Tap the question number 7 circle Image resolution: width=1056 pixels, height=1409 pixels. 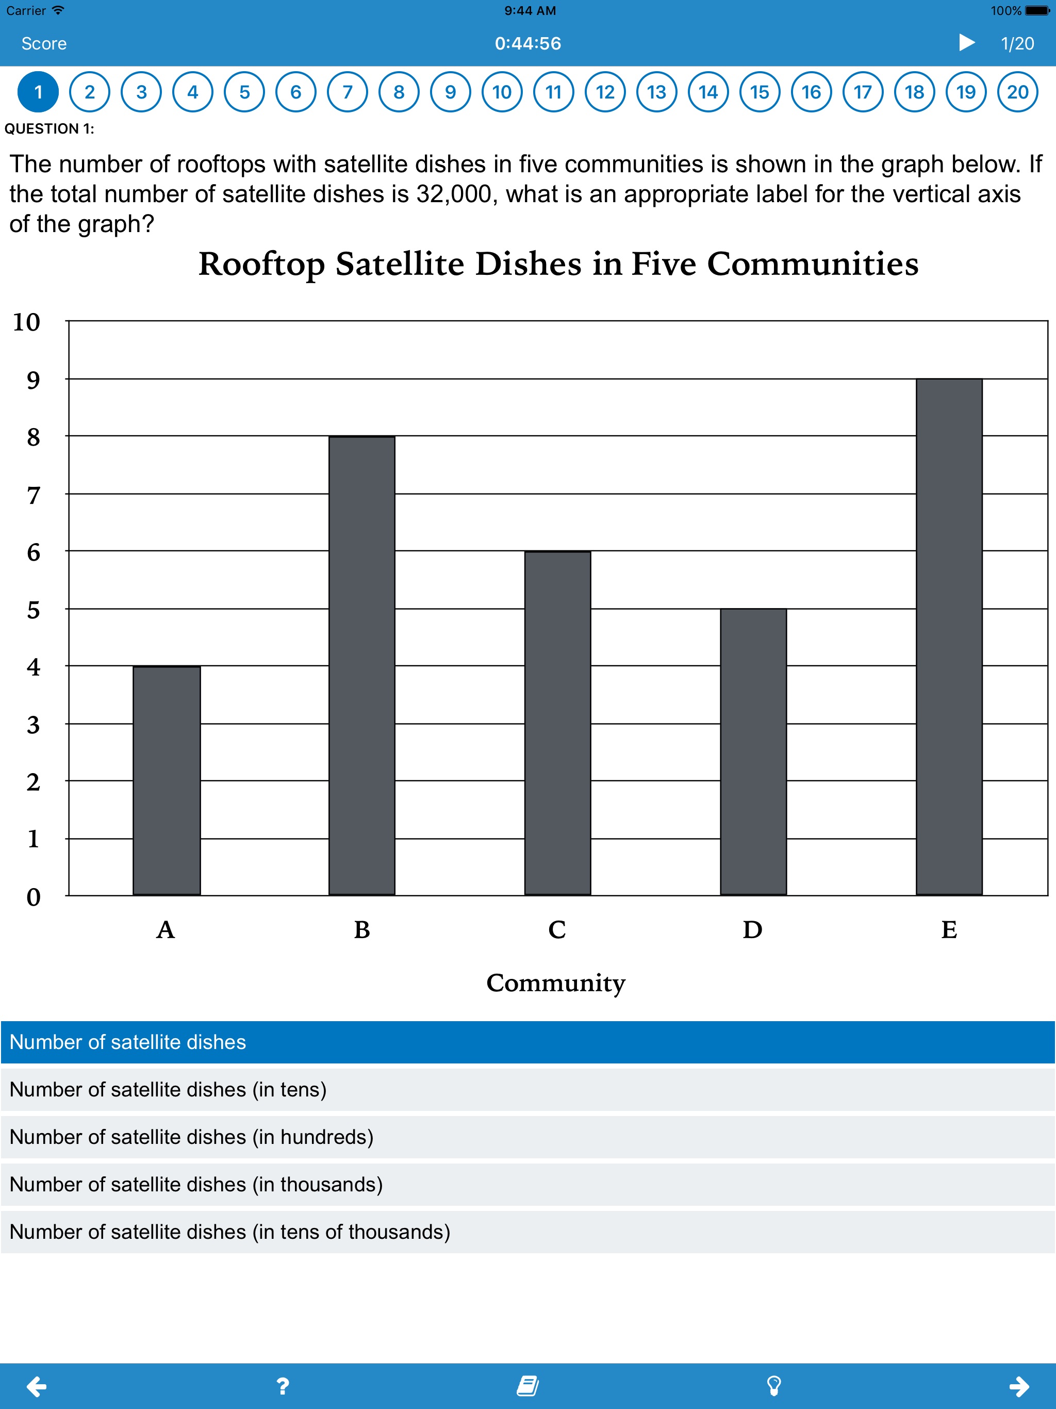[347, 92]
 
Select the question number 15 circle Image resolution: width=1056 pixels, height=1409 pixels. [759, 92]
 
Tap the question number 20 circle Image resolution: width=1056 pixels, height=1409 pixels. [1017, 92]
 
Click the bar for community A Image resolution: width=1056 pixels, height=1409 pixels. [167, 780]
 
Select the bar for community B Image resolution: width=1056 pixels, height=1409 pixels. [362, 666]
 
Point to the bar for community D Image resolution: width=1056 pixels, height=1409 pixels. [753, 751]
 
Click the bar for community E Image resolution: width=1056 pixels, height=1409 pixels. [949, 637]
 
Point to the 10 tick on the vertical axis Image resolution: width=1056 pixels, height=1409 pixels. [27, 322]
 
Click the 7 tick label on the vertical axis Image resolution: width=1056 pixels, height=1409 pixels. [33, 495]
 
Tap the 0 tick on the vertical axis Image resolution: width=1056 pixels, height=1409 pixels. [33, 897]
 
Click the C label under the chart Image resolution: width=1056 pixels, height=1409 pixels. [557, 930]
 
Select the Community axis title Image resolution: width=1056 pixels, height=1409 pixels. [555, 983]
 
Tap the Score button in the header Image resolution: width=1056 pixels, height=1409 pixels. [44, 43]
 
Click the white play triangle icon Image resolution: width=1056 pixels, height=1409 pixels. [966, 43]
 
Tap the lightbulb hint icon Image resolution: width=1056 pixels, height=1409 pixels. [774, 1385]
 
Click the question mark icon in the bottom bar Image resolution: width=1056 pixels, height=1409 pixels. [283, 1385]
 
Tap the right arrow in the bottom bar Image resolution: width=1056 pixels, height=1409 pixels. [1019, 1385]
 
